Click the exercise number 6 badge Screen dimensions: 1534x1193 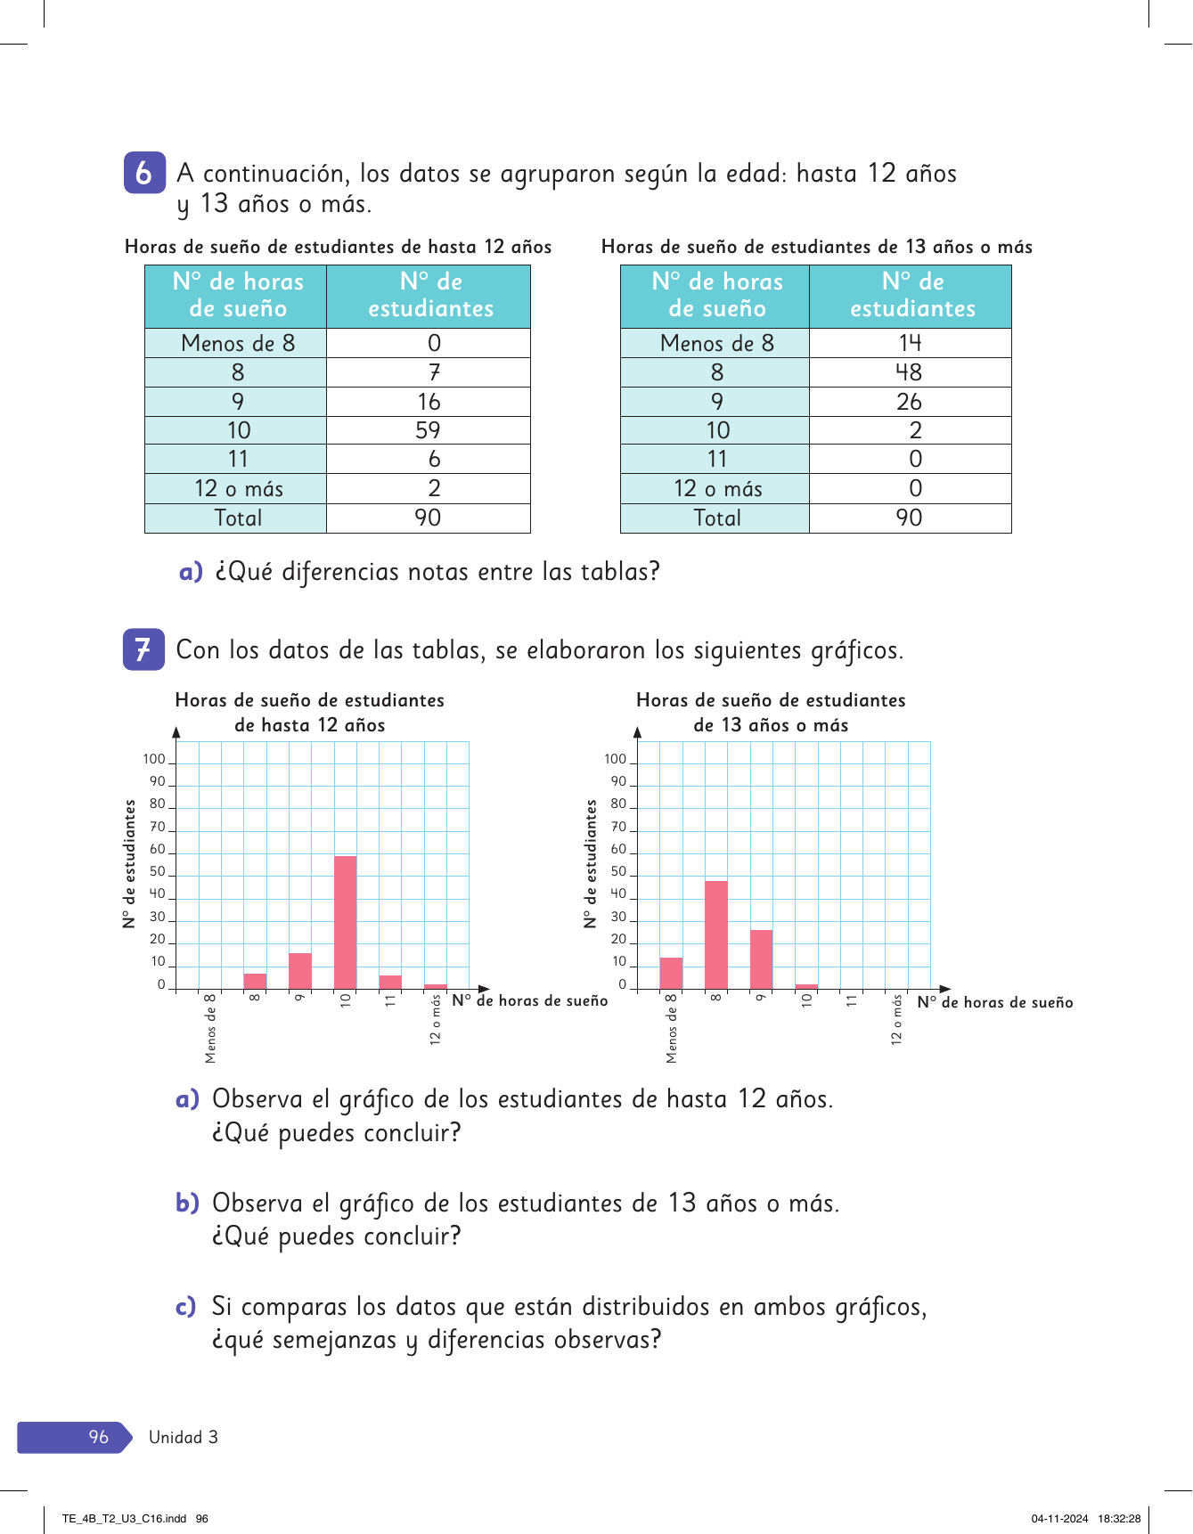144,173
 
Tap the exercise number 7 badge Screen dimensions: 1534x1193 143,649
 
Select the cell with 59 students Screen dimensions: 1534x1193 428,430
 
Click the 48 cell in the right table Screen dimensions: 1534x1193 909,372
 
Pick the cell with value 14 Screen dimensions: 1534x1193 909,343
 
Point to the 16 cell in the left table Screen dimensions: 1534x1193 428,402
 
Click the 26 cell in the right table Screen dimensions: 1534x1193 909,402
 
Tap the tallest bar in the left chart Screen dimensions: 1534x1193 346,922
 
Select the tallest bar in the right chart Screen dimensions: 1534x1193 716,934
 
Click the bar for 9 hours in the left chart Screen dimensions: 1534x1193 300,971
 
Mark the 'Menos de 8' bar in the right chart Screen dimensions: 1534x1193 671,973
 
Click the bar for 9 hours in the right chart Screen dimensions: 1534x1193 762,959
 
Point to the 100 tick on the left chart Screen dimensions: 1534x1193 154,759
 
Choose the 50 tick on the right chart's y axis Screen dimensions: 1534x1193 618,871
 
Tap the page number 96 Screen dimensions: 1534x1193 98,1437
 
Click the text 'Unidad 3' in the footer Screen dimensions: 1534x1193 184,1437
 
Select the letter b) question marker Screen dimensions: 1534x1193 187,1203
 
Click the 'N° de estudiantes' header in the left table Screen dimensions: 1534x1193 430,296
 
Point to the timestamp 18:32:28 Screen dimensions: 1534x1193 1119,1519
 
